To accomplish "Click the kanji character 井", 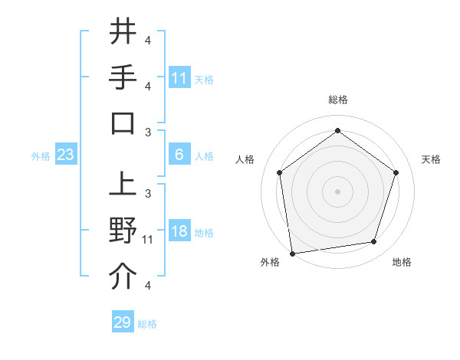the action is (123, 32).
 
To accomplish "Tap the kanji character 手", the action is (123, 77).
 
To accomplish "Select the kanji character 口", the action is (123, 123).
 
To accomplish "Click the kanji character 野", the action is (123, 231).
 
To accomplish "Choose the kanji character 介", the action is (123, 277).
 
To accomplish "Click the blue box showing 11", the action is (179, 78).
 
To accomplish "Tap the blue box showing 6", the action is (179, 155).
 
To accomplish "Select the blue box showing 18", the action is (179, 231).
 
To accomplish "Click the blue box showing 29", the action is (123, 322).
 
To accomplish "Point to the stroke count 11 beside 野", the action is (149, 240).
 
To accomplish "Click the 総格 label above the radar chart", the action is (337, 100).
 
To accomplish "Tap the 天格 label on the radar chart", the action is (431, 159).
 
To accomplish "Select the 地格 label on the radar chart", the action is (402, 262).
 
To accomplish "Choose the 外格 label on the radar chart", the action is (270, 262).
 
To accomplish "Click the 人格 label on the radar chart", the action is (245, 159).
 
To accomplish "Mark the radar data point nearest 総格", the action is (337, 131).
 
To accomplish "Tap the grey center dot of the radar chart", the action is (337, 191).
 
